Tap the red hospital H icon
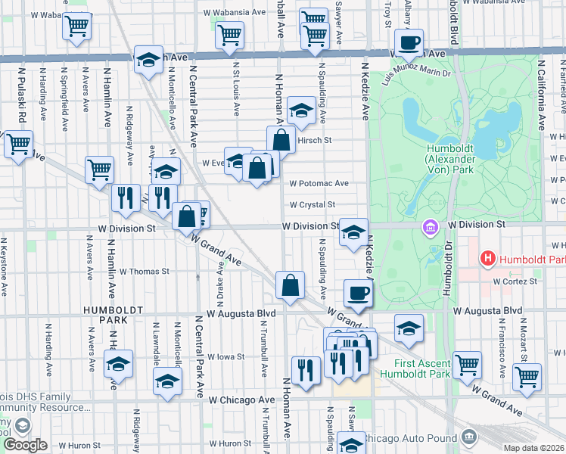coord(488,259)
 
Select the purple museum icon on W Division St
coord(431,226)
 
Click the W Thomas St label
coord(144,271)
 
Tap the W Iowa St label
coord(226,356)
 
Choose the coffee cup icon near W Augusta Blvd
coord(358,291)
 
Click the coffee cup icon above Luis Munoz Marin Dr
coord(409,43)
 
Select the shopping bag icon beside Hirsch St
coord(281,138)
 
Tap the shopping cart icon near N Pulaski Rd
coord(18,142)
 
